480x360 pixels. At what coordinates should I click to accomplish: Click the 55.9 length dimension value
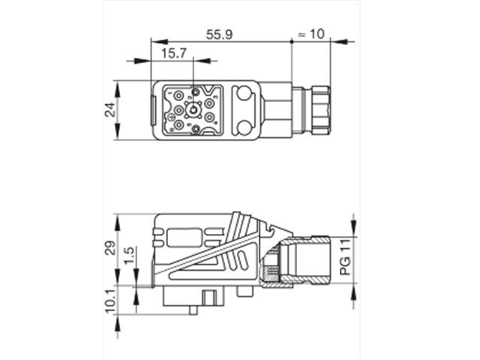pos(220,34)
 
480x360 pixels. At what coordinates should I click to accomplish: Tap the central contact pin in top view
pos(193,112)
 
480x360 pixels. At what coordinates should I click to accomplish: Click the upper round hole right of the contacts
pos(244,94)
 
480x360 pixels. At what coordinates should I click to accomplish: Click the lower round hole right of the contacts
pos(244,126)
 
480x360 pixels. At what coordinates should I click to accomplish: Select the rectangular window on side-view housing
pos(184,238)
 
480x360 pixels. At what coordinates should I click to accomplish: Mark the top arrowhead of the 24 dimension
pos(117,83)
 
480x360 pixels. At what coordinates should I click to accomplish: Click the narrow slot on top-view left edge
pos(156,110)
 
